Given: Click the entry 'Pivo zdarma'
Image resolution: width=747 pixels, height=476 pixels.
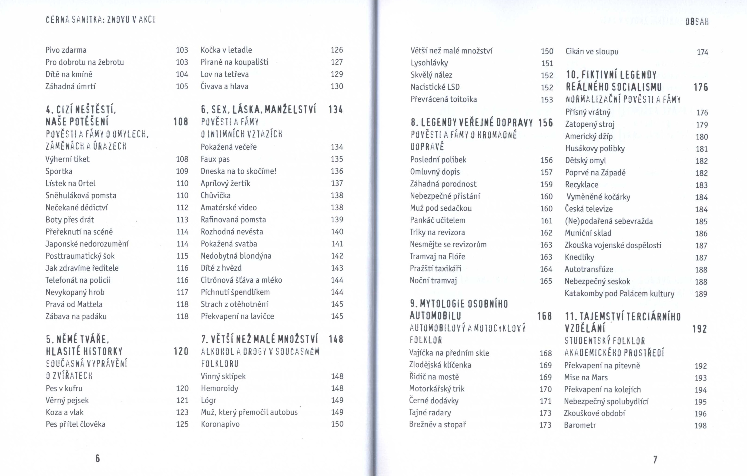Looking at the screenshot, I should [x=66, y=50].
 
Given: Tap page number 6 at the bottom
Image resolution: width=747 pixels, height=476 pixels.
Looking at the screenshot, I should [x=97, y=458].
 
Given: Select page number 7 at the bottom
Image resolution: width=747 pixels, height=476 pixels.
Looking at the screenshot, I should [x=655, y=459].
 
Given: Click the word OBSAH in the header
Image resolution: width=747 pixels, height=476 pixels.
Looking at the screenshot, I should [x=697, y=22].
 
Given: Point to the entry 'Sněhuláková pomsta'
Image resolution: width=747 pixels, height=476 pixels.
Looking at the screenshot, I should [x=81, y=196].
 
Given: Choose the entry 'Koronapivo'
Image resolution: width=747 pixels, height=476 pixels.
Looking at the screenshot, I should [x=220, y=424].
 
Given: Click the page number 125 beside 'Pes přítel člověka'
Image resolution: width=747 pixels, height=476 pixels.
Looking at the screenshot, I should [x=182, y=424].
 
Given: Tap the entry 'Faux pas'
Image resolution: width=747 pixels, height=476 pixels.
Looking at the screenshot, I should [x=215, y=159].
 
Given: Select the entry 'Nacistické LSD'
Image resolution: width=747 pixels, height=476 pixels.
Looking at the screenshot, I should [x=435, y=87].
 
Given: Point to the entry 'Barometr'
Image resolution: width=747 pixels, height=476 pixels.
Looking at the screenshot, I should [x=580, y=425].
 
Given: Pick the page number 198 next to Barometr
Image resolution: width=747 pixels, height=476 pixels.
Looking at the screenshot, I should [x=700, y=426].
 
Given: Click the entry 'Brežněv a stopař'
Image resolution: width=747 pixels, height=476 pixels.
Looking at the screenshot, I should [x=437, y=425].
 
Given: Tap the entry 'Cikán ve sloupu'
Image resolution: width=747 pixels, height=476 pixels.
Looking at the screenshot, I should [x=592, y=51].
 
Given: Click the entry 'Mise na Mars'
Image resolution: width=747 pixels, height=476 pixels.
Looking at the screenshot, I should [x=586, y=377].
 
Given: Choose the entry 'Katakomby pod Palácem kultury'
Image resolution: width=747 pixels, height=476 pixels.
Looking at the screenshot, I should [x=619, y=294].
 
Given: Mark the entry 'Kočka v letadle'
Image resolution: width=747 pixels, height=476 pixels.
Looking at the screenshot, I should [x=226, y=50].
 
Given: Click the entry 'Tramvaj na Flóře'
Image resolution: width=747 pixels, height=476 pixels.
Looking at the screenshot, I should [x=437, y=256].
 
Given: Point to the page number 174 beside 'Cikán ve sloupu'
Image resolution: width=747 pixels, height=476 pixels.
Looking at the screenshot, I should [x=702, y=52].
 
